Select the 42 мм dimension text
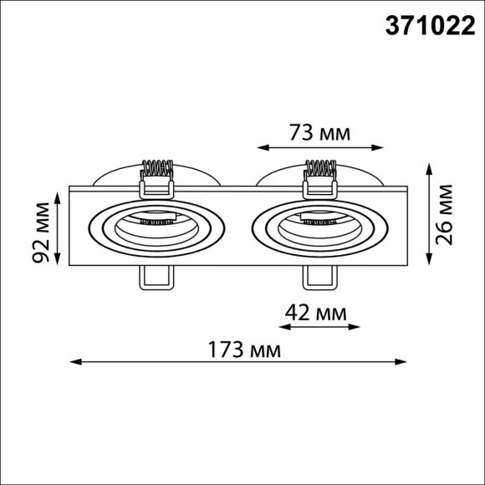[316, 314]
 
